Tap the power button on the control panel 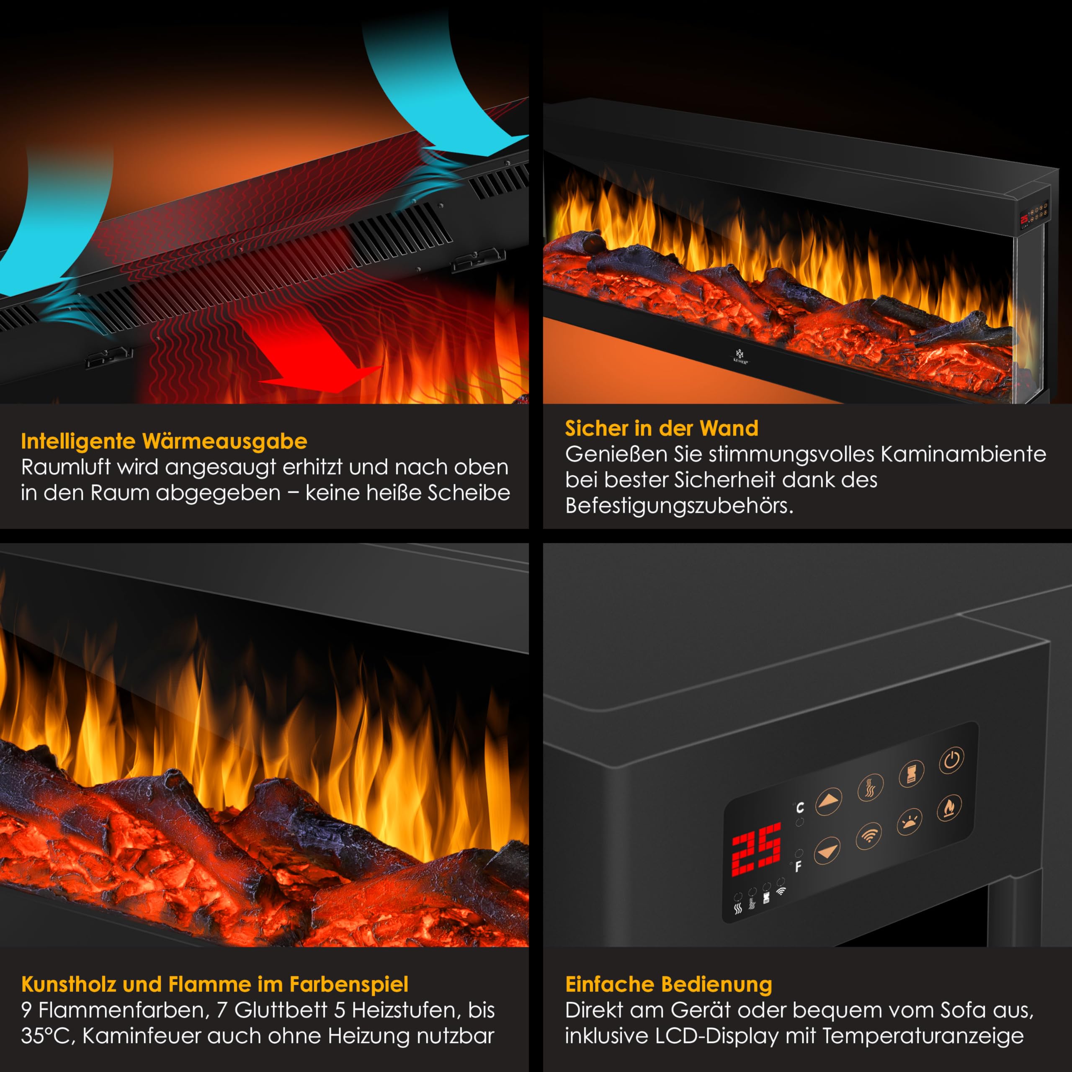951,760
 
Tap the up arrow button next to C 828,801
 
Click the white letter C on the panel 799,807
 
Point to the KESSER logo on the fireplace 740,355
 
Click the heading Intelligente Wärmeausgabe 164,441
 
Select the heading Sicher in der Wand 661,428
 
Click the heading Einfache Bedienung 668,984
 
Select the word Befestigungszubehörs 679,505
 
